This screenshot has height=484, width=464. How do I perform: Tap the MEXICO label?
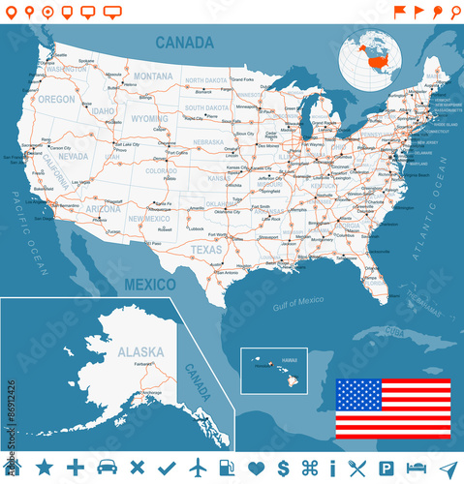(x=150, y=285)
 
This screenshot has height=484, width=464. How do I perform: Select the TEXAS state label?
(x=205, y=249)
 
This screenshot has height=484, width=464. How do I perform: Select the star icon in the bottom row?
(x=45, y=468)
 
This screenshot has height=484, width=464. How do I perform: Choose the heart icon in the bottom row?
(x=257, y=468)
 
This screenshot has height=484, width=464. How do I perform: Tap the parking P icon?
(x=385, y=468)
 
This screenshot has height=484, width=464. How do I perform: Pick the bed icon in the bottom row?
(x=416, y=468)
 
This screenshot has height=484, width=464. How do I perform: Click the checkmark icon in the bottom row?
(x=166, y=468)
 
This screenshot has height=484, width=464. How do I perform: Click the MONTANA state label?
(x=153, y=76)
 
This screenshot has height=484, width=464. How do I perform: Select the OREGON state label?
(x=56, y=99)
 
